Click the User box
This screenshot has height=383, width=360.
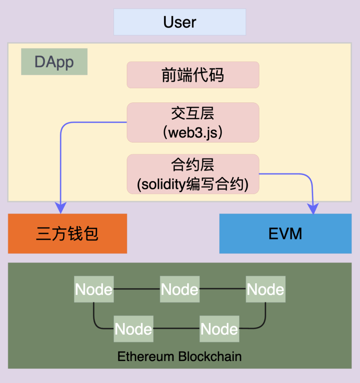(x=180, y=22)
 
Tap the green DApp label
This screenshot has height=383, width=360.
(x=54, y=62)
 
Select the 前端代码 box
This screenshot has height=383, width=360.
(x=193, y=75)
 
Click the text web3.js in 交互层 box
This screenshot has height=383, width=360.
(x=193, y=132)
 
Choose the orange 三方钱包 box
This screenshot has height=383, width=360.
(x=67, y=234)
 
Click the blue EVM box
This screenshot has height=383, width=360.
(x=285, y=234)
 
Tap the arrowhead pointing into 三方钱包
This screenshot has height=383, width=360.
(x=60, y=209)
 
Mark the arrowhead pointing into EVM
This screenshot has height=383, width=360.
(x=313, y=209)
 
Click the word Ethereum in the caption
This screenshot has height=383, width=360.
(x=146, y=357)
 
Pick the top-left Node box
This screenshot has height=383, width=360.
(x=94, y=289)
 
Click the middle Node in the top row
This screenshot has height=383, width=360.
(x=180, y=289)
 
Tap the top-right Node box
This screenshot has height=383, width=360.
(x=266, y=289)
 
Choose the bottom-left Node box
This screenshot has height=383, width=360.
(x=133, y=329)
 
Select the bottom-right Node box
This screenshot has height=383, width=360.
(x=219, y=329)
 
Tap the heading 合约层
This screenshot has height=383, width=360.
(x=193, y=165)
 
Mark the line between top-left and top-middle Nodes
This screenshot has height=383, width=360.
(x=137, y=289)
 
